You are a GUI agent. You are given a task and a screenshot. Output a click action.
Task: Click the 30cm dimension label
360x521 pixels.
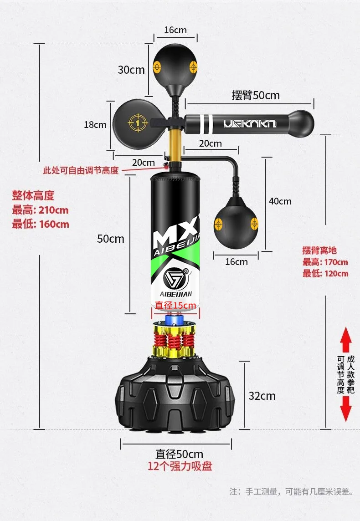(131, 70)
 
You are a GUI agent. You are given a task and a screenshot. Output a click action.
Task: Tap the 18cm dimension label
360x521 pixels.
(95, 124)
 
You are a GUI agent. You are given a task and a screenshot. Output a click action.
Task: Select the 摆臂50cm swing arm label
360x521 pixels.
(255, 95)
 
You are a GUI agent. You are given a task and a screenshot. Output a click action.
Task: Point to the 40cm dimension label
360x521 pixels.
(280, 201)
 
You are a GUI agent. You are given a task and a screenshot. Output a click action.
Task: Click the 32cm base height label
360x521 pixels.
(262, 396)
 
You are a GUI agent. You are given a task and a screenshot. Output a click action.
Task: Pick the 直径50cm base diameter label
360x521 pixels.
(179, 454)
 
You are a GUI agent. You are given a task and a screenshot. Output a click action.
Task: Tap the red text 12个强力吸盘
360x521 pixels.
(180, 466)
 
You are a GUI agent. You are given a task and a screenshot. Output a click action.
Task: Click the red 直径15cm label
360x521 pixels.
(175, 305)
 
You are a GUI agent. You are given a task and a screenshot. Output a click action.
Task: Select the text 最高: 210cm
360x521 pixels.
(40, 210)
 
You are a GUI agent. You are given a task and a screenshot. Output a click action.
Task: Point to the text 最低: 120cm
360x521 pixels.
(325, 273)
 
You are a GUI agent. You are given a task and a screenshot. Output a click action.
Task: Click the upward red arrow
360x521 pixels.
(346, 339)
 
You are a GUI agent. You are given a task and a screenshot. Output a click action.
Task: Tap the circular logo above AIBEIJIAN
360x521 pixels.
(175, 277)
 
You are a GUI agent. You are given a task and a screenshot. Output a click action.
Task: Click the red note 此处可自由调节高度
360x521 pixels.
(81, 170)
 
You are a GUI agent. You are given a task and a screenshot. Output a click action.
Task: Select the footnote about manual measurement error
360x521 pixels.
(291, 492)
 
